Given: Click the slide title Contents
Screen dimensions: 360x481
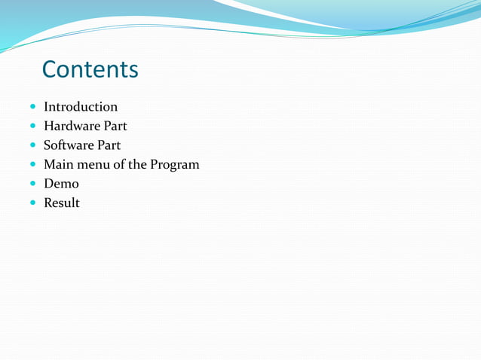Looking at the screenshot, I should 90,69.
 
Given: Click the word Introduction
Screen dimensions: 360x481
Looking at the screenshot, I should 81,107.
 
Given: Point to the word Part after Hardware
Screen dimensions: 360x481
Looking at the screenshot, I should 115,126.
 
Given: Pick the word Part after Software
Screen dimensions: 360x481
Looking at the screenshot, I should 109,145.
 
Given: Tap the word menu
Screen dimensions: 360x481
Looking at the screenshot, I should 93,164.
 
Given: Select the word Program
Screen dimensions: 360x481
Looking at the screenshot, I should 175,165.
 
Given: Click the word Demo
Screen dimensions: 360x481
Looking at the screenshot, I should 61,184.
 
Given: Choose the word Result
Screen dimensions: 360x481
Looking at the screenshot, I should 62,203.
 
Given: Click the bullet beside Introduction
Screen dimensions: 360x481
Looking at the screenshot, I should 32,108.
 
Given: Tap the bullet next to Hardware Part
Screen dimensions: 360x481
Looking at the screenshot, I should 32,127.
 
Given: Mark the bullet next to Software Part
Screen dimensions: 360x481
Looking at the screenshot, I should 32,145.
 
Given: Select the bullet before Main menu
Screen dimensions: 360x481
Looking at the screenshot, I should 32,165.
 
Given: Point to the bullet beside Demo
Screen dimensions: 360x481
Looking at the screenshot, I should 32,184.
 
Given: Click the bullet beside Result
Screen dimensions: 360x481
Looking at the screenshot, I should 32,203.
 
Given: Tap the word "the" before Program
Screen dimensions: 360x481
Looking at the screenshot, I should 137,164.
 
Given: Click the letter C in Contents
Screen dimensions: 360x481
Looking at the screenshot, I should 51,69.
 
